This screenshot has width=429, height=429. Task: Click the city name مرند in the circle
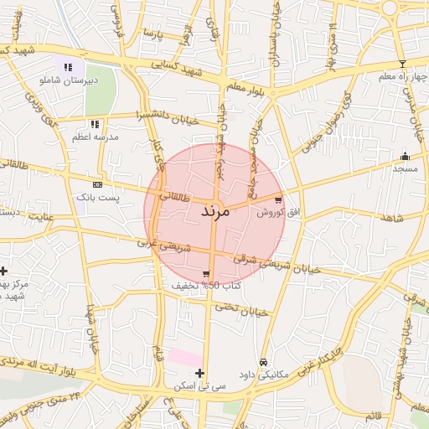point(214,211)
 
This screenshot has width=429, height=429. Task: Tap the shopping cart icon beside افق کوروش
point(278,199)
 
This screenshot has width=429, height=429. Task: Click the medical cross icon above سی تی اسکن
point(199,373)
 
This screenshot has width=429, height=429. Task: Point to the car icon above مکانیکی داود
point(263,362)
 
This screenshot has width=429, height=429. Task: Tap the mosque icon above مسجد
point(405,156)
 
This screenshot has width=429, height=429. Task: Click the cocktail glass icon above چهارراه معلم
point(402,64)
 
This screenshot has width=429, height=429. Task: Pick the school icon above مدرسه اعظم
point(95,124)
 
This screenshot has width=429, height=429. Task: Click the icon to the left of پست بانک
point(97,184)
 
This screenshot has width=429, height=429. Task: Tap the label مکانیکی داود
point(263,375)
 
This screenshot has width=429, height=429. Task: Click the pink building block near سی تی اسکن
point(184,358)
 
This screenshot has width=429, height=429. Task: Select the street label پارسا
point(152,34)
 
